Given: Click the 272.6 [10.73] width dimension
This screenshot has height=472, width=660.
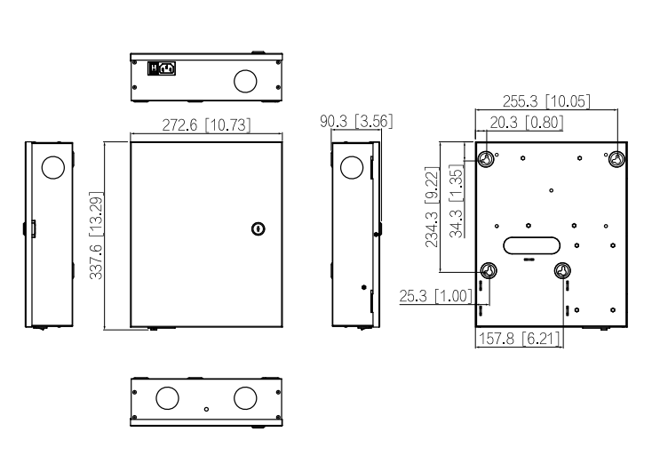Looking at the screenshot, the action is coord(206,125).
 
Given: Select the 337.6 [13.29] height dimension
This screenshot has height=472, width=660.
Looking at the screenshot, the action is coord(97,236).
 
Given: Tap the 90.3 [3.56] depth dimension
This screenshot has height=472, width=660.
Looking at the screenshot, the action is coord(356,121).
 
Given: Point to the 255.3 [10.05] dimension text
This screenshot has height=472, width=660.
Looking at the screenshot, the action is coord(546,101).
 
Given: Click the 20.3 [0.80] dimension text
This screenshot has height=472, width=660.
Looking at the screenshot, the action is coord(526,123).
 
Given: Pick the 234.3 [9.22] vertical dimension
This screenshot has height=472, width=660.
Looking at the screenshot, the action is coord(432,207).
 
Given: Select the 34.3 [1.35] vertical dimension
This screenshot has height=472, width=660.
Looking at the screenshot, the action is coord(457,201).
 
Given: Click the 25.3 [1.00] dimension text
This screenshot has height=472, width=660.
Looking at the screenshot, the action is coord(435,296).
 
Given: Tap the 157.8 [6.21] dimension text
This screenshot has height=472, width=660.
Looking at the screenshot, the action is coord(520,338).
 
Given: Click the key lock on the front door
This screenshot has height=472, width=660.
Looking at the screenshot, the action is coord(258,229).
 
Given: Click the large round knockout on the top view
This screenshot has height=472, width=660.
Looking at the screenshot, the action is coord(245,81).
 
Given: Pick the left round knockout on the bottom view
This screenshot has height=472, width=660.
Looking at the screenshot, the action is coord(167,398).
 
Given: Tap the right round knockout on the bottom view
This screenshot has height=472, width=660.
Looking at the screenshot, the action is coord(245,398).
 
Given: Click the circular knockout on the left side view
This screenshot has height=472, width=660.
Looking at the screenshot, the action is coord(53,167).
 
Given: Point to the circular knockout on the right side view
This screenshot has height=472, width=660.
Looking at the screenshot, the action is coord(352,167).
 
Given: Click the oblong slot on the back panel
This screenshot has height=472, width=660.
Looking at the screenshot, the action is coord(531,245).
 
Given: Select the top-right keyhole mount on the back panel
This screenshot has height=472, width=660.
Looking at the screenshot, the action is coord(617,159).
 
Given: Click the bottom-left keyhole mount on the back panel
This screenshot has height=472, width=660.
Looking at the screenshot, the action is coord(489,270).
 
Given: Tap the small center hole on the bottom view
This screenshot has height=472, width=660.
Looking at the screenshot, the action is coord(206,409).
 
